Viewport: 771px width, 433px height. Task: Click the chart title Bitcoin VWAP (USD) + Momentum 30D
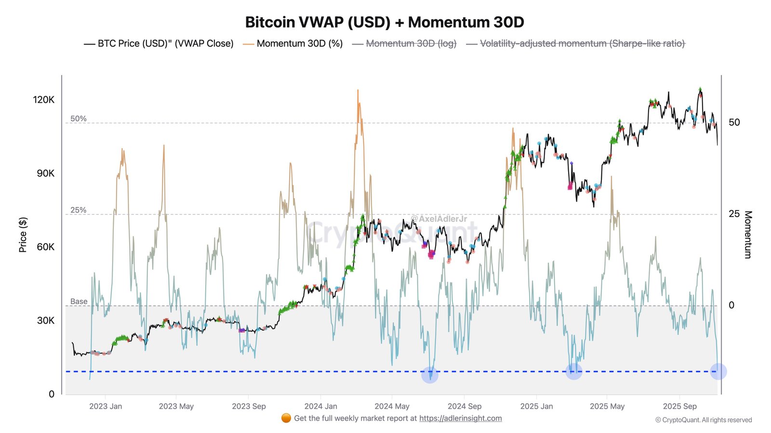coord(385,22)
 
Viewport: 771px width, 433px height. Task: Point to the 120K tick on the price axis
coord(44,100)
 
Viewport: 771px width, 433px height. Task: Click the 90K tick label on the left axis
coord(46,173)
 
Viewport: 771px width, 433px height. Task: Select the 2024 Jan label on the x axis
coord(320,406)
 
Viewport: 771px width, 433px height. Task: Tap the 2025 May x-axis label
coord(607,406)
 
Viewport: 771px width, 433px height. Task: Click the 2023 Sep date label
coord(249,406)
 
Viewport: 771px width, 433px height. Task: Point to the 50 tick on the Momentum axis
coord(734,122)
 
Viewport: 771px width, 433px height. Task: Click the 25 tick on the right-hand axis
coord(734,214)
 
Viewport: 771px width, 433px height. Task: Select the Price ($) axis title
coord(23,235)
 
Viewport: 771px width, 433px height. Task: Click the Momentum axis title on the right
coord(748,235)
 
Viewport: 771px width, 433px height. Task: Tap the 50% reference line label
coord(79,118)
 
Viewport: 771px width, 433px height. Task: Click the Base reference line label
coord(79,301)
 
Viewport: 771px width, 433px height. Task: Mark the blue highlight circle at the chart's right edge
coord(718,371)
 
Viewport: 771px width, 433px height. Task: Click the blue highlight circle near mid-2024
coord(430,374)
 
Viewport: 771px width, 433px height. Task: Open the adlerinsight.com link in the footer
coord(460,418)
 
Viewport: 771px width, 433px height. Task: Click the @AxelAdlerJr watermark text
coord(439,219)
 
